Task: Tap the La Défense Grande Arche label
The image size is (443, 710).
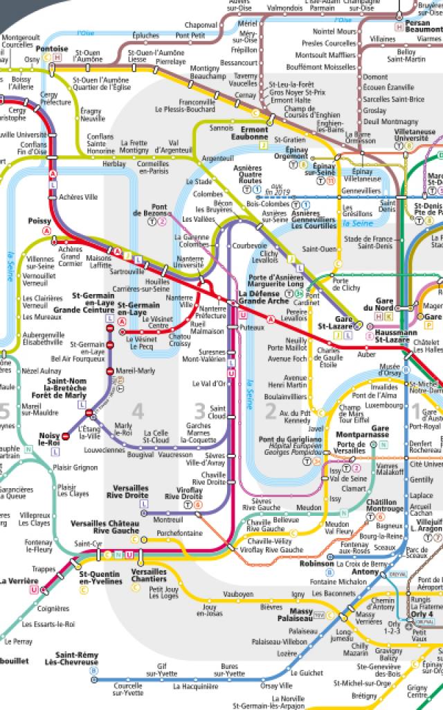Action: (259, 298)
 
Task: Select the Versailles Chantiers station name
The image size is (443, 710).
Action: (149, 575)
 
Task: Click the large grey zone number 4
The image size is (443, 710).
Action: (138, 412)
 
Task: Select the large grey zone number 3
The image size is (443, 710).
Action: (200, 412)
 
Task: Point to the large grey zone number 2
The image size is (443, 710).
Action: (271, 412)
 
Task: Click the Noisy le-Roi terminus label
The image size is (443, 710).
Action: (50, 438)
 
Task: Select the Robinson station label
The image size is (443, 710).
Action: (316, 564)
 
